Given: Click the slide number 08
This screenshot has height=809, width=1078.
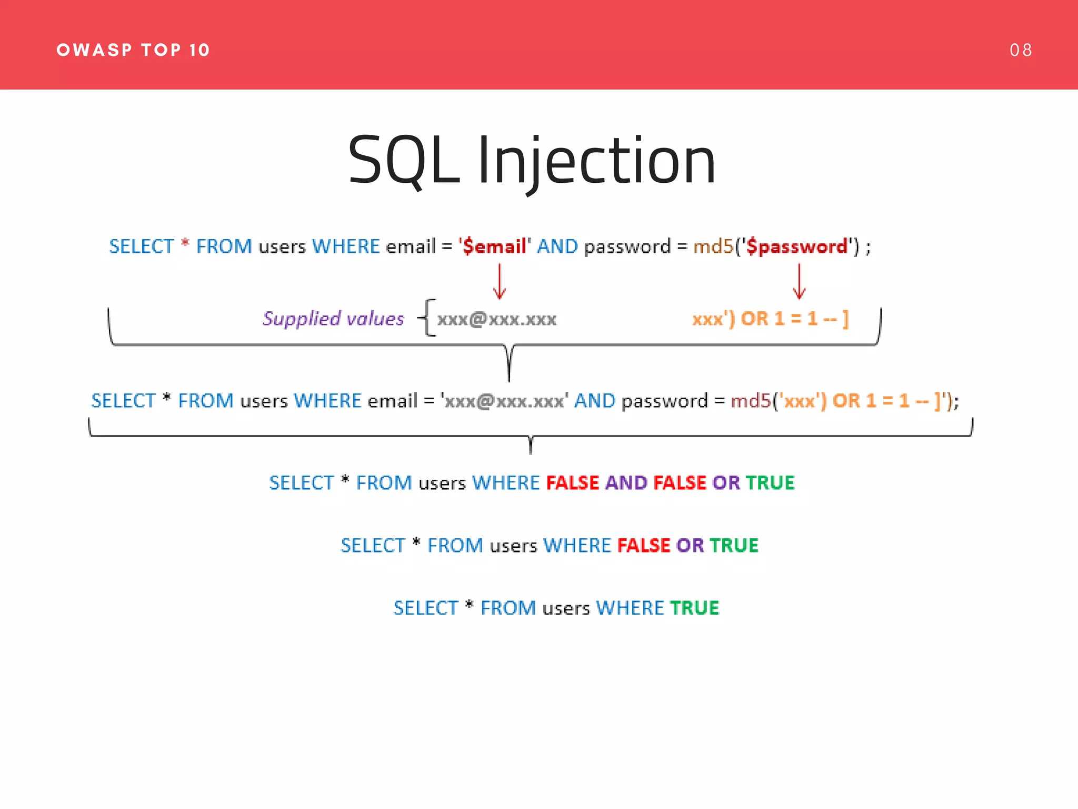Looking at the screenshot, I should pos(1020,50).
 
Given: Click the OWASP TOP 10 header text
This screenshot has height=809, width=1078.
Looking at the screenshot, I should pos(133,50).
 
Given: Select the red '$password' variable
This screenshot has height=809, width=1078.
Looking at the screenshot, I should pos(797,246).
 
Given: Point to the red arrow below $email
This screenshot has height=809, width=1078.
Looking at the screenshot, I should pos(500,282).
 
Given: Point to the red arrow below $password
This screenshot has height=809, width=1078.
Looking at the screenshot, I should pos(799,282).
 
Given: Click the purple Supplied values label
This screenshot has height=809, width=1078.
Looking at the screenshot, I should pos(333,319).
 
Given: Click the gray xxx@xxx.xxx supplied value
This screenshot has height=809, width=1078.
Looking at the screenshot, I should pos(496,319).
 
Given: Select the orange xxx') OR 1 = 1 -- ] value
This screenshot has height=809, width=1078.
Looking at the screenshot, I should pos(770,319).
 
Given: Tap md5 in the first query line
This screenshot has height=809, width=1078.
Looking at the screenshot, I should pos(713,246).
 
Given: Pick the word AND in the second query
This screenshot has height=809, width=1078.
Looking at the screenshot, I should pos(594,401).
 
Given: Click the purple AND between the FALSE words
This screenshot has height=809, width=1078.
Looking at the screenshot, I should pos(626,483).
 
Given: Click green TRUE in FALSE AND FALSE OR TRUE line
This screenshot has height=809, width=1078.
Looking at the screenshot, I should pos(770,483).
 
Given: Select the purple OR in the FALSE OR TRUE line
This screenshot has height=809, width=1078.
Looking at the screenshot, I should pos(690,546).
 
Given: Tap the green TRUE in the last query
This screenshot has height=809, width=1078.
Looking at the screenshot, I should pos(694,608).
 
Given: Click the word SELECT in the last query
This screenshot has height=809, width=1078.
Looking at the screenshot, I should pos(426,608).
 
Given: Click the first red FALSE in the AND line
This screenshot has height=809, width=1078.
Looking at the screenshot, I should pos(573,483).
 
